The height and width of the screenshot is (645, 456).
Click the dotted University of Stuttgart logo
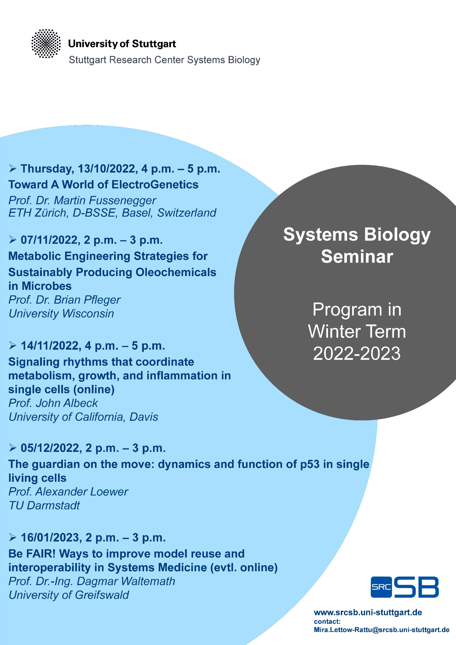point(46,44)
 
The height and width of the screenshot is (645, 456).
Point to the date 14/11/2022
point(51,346)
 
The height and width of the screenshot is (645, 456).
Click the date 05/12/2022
point(51,448)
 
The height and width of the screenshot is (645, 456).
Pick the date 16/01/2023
point(51,537)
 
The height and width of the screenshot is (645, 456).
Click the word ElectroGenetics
point(155,185)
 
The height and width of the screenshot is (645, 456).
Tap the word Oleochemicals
point(176,272)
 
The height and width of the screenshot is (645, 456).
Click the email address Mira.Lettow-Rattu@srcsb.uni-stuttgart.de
point(382,630)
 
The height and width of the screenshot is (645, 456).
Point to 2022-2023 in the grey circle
point(357,353)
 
